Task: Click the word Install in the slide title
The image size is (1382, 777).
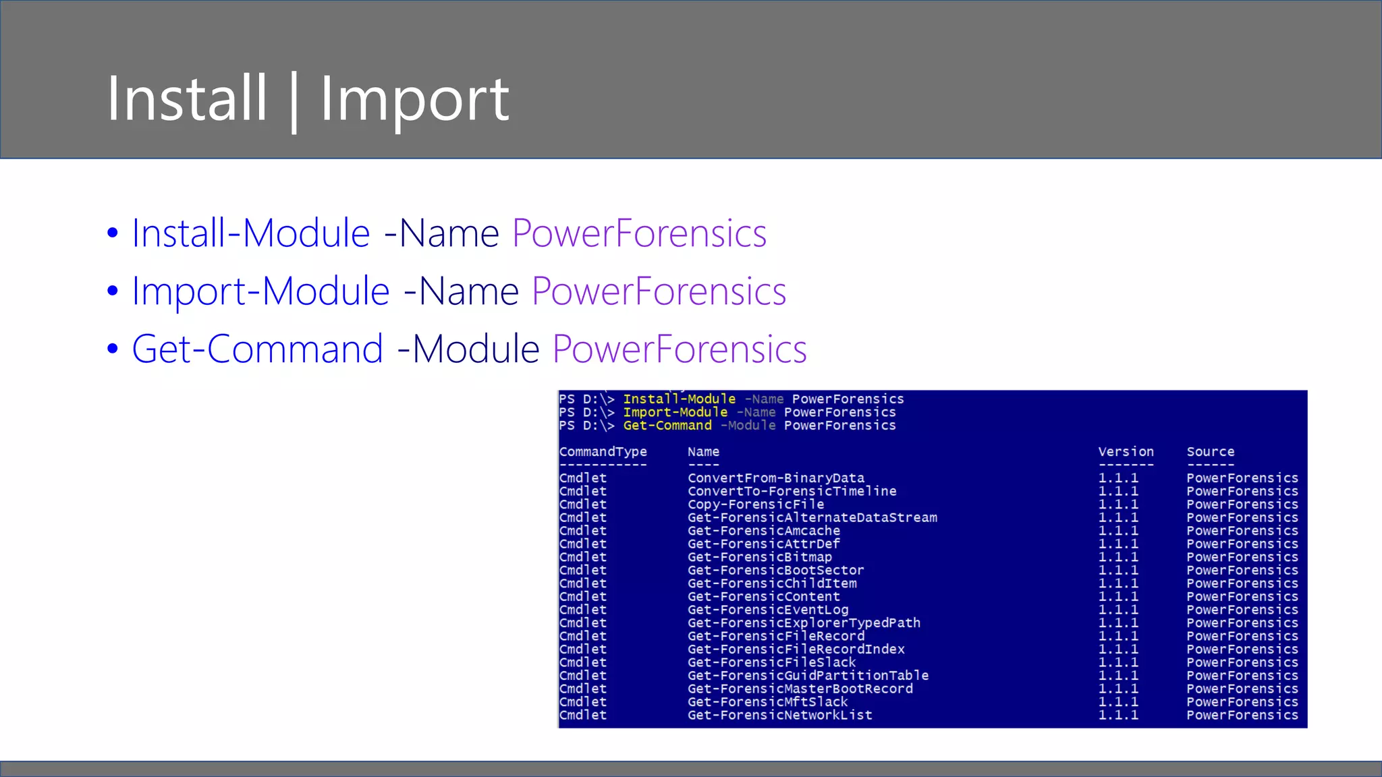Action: click(x=187, y=98)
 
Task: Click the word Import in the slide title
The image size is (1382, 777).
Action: click(x=414, y=100)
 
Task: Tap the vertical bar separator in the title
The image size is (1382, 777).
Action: click(x=294, y=101)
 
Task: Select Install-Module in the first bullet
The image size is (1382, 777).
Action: click(x=250, y=233)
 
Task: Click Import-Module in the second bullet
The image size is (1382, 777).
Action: click(x=260, y=291)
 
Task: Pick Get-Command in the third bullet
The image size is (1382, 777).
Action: click(x=257, y=349)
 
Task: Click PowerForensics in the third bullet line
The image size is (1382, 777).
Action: click(x=679, y=349)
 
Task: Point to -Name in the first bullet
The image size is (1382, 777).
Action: click(x=441, y=233)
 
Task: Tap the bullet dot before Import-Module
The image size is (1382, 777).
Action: click(x=113, y=291)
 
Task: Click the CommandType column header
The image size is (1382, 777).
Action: click(x=603, y=452)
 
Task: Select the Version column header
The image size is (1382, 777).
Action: click(x=1126, y=452)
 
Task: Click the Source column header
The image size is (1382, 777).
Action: click(x=1210, y=452)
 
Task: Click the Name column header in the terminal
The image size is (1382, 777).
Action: click(x=703, y=452)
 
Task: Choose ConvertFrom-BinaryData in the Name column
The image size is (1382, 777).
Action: click(x=775, y=478)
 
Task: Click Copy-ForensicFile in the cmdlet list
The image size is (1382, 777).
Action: click(x=756, y=505)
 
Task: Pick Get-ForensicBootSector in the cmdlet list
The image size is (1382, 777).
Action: click(x=775, y=571)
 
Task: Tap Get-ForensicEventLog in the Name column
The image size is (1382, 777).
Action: click(x=768, y=610)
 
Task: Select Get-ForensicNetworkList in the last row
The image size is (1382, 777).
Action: click(x=779, y=715)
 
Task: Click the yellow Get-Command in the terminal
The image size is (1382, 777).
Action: click(x=667, y=426)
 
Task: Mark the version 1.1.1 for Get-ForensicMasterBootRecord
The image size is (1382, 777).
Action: click(x=1117, y=689)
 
